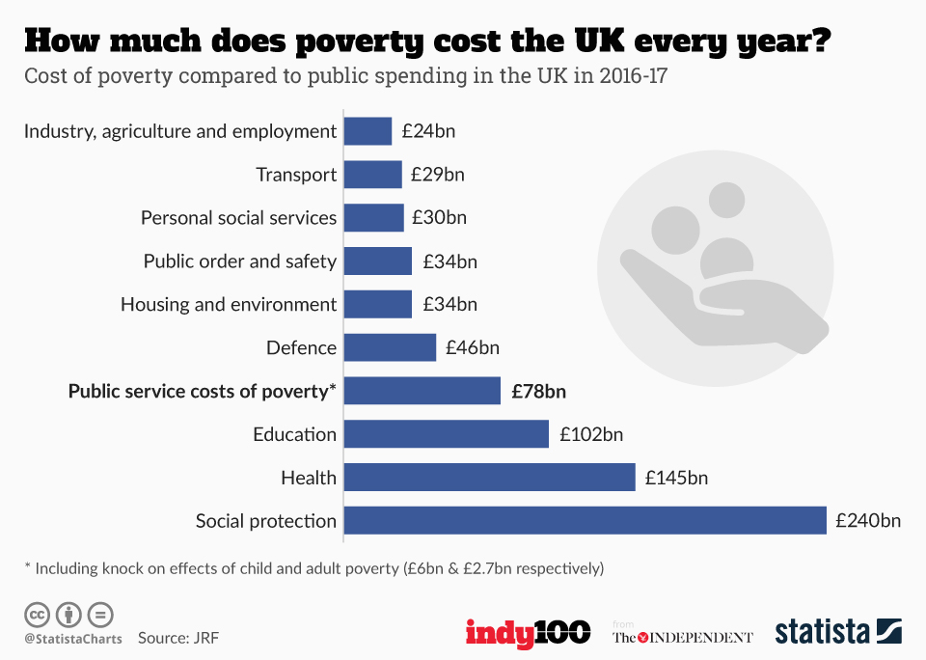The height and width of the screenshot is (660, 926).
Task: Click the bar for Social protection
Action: click(x=585, y=521)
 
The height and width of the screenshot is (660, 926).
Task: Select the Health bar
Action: click(x=489, y=478)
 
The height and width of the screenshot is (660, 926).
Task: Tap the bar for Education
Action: click(x=446, y=434)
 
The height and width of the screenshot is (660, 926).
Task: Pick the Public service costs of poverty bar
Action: click(x=422, y=391)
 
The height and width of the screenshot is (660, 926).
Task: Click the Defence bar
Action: click(x=390, y=347)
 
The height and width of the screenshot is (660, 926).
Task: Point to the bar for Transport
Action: click(x=372, y=175)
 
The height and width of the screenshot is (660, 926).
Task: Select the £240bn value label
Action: click(x=868, y=521)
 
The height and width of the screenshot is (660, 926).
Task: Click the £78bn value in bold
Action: click(x=538, y=391)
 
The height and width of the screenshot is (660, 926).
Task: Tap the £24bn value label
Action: click(x=428, y=131)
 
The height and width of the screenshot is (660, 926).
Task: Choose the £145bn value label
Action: click(x=677, y=478)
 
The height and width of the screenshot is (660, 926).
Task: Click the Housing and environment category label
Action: click(x=229, y=305)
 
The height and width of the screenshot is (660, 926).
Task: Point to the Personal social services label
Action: click(x=238, y=218)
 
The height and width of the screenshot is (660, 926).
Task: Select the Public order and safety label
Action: click(x=239, y=261)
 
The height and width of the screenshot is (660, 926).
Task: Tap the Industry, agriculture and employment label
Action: click(x=180, y=131)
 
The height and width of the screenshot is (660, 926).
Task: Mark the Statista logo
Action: click(x=838, y=632)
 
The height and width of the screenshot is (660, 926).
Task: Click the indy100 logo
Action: click(x=528, y=633)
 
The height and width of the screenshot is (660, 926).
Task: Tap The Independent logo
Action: click(x=682, y=637)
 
